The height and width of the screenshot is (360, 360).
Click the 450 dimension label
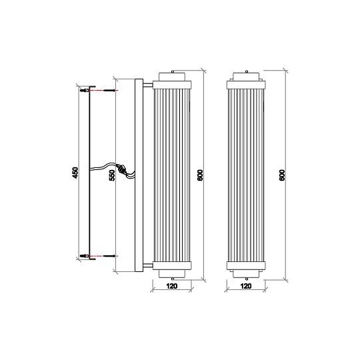[x=75, y=173]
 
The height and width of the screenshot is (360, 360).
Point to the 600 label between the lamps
[x=201, y=175]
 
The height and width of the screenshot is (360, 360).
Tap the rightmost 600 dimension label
[x=282, y=175]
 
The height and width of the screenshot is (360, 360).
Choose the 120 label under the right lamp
[x=245, y=286]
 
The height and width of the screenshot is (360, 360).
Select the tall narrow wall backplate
[x=139, y=175]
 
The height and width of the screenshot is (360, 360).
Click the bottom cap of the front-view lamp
[x=245, y=268]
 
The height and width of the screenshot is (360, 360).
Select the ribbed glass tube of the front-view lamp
[x=245, y=175]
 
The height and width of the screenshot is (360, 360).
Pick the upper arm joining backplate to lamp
[x=147, y=84]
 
